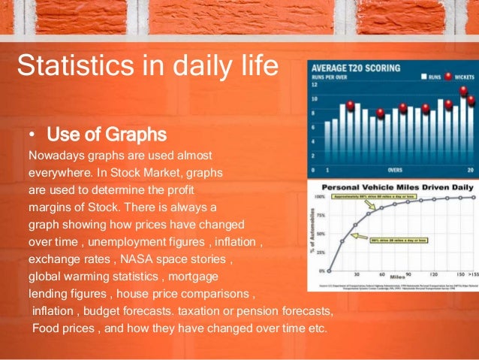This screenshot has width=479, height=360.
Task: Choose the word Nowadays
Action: click(x=54, y=156)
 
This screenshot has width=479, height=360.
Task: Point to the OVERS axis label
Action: click(x=394, y=171)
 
